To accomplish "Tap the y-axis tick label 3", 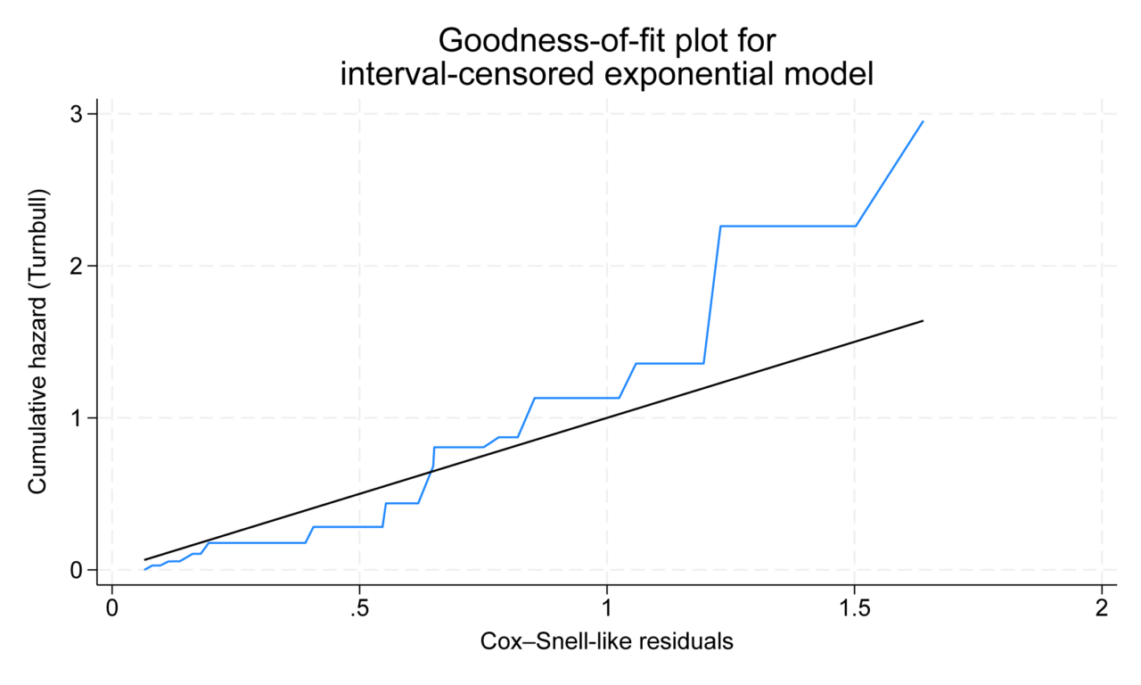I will (x=78, y=114).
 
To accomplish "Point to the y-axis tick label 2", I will (x=78, y=266).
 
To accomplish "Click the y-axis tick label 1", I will (x=78, y=418).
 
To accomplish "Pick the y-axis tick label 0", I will (x=78, y=570).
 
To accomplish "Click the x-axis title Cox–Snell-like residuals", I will (x=606, y=641).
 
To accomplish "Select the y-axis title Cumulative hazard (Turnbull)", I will (x=37, y=342).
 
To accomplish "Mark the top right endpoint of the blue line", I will (x=923, y=121).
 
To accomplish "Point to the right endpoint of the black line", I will (x=923, y=320).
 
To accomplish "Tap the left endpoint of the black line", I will (x=145, y=559).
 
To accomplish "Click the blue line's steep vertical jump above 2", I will (x=712, y=294).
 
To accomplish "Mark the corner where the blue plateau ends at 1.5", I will (x=856, y=226).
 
